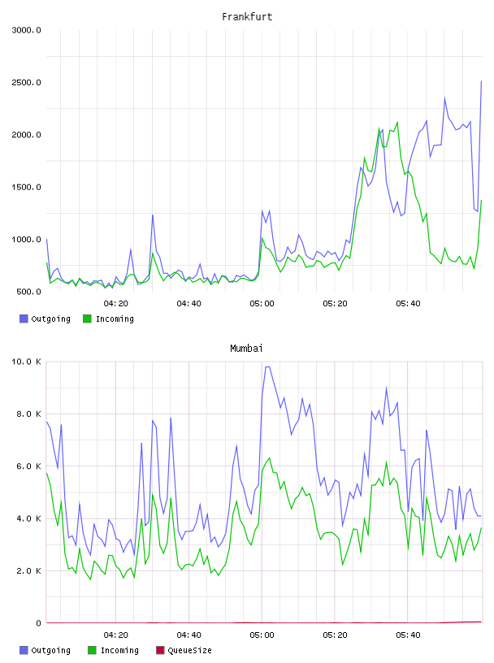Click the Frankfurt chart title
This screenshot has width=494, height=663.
pos(247,17)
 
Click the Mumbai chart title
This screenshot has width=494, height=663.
pos(246,349)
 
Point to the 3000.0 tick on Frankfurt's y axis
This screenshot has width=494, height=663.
pos(27,30)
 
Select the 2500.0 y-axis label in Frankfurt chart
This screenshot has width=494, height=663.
pos(27,82)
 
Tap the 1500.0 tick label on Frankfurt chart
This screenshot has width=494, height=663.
pos(27,188)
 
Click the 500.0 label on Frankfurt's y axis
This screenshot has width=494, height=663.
pos(28,292)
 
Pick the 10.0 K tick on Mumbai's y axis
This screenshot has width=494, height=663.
pos(27,362)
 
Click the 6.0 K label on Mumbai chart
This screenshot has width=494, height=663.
pos(28,466)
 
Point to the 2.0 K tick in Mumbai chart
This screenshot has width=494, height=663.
pos(28,571)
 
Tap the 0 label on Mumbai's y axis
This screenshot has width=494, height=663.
pos(38,623)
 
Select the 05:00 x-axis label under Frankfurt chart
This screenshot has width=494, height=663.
pos(262,304)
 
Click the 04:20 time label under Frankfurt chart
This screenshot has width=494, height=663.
pos(116,304)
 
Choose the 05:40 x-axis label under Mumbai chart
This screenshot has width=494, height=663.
pos(408,635)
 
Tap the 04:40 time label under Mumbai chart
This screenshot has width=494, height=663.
pos(188,635)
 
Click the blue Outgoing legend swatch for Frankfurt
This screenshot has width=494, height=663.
pos(24,318)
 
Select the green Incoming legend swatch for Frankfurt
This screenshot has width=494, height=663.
pos(87,318)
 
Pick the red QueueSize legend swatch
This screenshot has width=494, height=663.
pos(160,650)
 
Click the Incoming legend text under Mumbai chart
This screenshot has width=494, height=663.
pos(119,651)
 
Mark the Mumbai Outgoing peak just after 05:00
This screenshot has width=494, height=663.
pos(267,366)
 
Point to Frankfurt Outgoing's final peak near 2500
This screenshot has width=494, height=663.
pos(481,80)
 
